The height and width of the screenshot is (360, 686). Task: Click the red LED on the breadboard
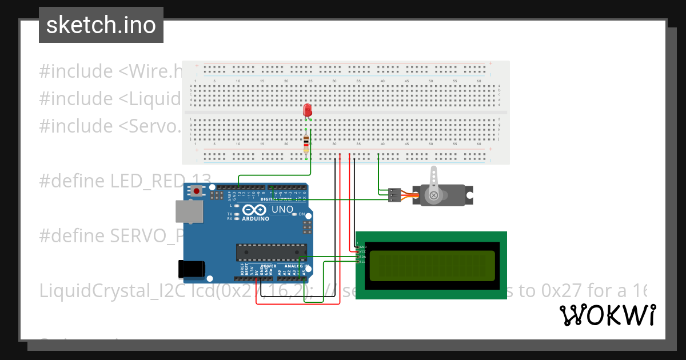308,110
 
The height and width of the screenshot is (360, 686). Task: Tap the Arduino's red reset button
197,191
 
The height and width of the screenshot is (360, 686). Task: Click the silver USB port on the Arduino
190,212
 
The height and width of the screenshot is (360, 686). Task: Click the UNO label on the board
282,210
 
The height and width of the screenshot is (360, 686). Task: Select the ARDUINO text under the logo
255,219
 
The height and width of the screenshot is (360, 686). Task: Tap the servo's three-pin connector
394,195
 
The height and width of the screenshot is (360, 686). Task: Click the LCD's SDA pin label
362,257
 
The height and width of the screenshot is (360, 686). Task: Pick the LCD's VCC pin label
362,251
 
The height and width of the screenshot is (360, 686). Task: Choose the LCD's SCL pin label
362,262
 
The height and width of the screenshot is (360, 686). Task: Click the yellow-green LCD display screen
432,266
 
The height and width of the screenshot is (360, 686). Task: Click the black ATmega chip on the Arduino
271,251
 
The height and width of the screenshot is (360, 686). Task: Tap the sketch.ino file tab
101,25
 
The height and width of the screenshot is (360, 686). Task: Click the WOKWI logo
607,315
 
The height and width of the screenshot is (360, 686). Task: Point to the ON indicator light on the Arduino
300,214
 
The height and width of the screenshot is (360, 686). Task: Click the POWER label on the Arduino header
269,266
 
